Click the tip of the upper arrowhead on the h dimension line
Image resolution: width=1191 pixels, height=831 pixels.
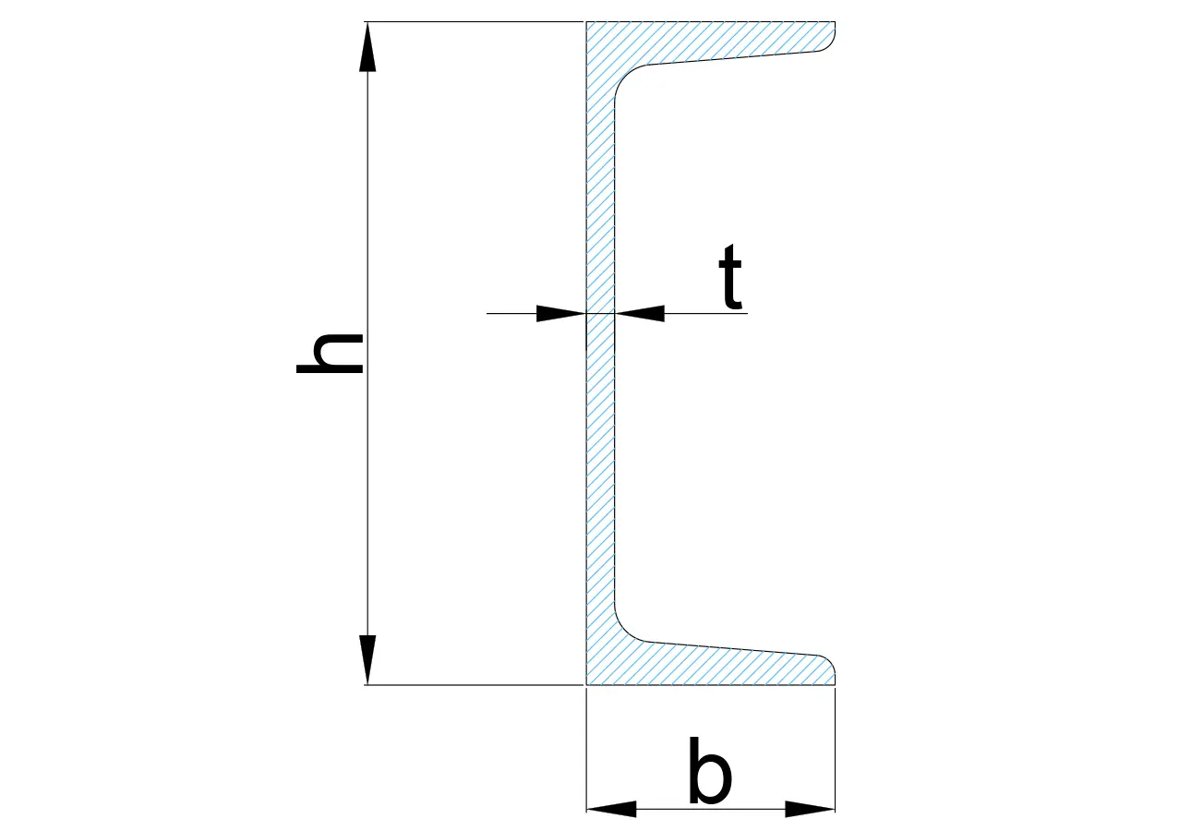(367, 22)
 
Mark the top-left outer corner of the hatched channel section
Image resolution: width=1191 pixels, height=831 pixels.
(586, 22)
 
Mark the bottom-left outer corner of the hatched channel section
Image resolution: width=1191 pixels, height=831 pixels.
(586, 685)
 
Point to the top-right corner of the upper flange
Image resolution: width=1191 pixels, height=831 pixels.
(835, 22)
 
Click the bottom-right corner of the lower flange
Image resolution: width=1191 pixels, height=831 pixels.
(835, 685)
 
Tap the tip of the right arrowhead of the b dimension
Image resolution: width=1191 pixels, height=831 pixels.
(835, 809)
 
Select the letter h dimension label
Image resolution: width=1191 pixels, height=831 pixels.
(330, 354)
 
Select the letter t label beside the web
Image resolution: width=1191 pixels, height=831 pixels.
(730, 276)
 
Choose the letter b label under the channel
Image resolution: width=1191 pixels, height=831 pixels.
(710, 770)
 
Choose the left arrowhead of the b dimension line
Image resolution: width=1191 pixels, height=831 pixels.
(611, 809)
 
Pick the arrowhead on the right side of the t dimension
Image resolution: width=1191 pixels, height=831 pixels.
(640, 314)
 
